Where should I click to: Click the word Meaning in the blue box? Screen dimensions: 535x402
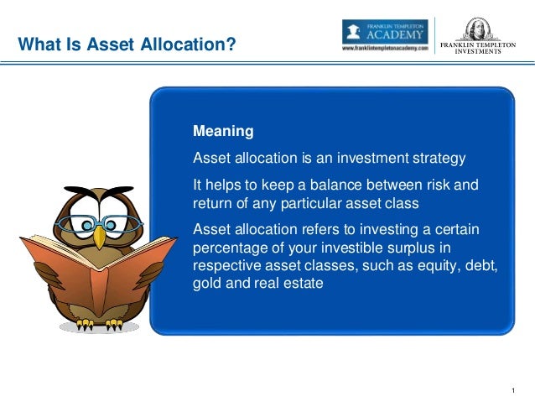tap(223, 131)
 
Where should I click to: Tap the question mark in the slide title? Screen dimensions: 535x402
tap(231, 44)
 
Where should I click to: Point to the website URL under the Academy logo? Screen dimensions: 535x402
tap(385, 48)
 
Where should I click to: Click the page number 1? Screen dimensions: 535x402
tap(513, 390)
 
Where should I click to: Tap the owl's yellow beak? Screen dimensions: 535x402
tap(99, 238)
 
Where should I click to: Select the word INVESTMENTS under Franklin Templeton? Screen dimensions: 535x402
tap(478, 51)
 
